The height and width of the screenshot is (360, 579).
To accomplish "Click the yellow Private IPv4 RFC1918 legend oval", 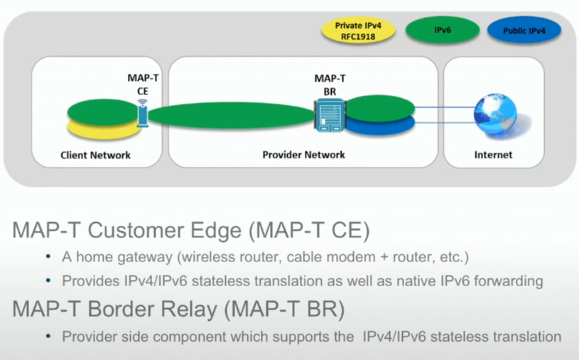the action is (358, 31).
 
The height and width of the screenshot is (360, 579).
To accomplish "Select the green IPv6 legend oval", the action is (443, 30).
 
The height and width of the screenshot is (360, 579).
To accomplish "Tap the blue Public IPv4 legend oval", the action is (524, 31).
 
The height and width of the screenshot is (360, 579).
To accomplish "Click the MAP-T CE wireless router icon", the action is (143, 113).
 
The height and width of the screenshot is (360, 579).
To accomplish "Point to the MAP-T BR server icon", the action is (330, 115).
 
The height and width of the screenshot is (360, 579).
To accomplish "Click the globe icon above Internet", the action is (495, 114).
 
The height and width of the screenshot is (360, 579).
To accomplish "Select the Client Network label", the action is (95, 155).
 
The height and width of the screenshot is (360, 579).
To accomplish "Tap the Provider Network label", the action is (303, 155).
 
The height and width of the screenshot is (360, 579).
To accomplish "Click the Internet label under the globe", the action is (493, 155).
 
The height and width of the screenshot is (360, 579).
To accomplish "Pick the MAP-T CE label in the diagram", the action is (143, 84).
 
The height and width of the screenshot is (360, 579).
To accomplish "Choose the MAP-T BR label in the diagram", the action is (330, 85).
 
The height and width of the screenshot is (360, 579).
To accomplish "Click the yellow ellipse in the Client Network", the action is (104, 130).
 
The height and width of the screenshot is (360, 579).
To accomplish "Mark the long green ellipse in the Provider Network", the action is (231, 115).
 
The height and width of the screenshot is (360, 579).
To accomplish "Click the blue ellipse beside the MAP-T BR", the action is (380, 126).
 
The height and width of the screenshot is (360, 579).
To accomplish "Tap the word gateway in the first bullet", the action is (145, 257).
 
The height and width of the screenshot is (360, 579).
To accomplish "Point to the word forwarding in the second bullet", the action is (508, 281).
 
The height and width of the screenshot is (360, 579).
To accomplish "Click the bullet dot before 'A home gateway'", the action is (48, 256).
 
